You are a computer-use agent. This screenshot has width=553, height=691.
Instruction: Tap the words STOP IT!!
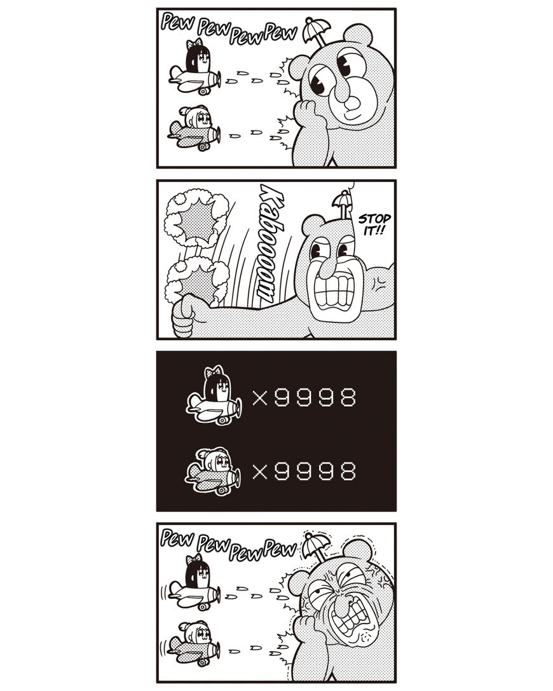coord(374,224)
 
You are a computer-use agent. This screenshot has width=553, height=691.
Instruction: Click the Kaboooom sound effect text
coord(268,243)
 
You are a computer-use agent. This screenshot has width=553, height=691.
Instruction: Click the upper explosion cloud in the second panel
coord(196,217)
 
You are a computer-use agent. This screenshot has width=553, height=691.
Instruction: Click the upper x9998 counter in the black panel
coord(304,398)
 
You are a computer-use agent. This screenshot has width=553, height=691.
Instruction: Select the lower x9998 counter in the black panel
coord(304,472)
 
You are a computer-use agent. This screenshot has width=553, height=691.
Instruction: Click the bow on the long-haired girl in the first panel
coord(195,44)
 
